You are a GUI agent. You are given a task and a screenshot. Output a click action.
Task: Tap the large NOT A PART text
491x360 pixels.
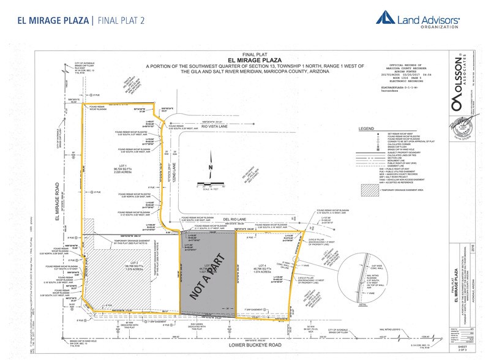[x=208, y=275]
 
